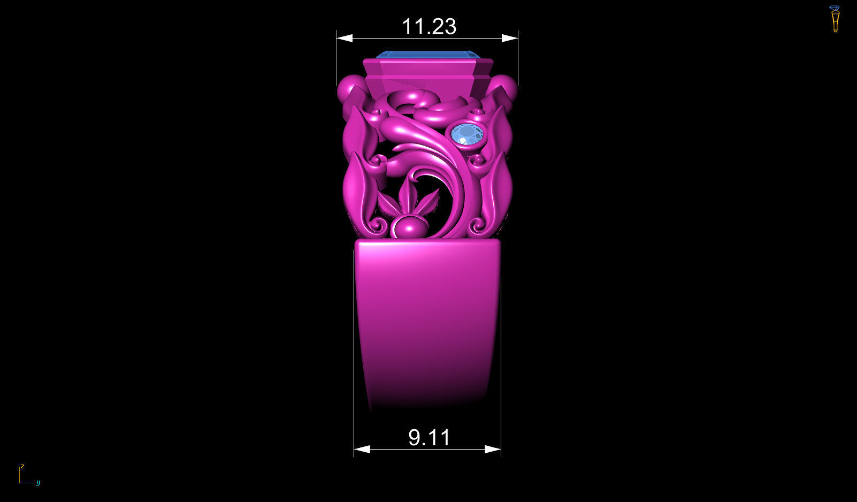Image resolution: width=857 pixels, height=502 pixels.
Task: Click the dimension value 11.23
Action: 428,27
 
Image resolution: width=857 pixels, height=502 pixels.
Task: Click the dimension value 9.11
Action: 429,438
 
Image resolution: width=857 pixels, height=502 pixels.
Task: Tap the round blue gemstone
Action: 467,134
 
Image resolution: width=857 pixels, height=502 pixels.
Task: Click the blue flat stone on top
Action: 426,55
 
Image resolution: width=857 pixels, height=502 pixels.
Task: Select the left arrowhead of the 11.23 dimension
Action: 345,38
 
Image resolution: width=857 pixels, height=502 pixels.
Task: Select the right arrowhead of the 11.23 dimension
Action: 510,38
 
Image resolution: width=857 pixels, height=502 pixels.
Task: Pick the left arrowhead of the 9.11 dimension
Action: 362,449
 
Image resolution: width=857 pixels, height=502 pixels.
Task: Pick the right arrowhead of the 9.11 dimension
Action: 493,449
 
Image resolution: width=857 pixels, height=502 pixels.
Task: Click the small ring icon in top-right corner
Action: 835,19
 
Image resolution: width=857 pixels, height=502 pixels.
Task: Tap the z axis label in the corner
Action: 22,466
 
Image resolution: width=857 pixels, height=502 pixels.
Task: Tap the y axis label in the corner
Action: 38,483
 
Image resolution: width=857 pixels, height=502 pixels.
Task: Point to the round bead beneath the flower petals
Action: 410,228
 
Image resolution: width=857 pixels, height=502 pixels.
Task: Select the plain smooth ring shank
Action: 427,321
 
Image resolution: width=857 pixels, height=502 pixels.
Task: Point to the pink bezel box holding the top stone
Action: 427,72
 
